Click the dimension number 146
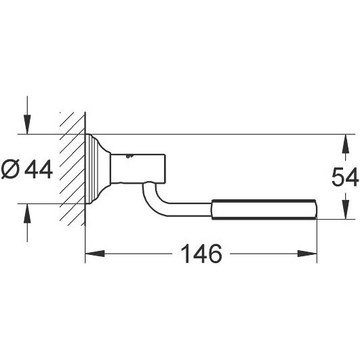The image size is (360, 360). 201,254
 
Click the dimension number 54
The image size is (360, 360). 345,177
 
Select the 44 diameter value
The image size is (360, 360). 39,169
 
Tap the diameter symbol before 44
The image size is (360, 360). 10,169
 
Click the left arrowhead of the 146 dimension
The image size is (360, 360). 95,254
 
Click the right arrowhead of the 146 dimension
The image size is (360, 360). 307,254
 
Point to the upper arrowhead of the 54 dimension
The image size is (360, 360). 346,144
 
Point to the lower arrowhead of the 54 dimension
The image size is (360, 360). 346,209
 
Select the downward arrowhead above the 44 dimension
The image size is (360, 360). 27,125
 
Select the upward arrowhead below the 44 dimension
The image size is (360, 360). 27,214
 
